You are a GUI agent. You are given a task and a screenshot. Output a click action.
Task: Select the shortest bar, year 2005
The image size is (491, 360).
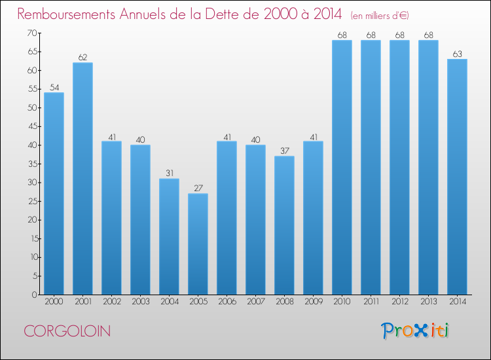[198, 243]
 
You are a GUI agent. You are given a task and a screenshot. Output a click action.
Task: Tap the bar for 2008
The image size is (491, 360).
[284, 225]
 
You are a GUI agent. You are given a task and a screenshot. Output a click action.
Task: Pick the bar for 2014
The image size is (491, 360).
[457, 177]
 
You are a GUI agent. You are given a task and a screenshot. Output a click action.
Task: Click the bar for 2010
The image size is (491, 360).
[342, 168]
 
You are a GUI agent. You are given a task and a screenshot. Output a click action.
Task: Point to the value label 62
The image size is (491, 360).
[82, 58]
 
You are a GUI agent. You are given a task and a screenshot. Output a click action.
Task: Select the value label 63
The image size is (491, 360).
[457, 54]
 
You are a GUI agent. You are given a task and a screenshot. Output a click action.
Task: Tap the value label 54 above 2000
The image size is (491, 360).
[54, 88]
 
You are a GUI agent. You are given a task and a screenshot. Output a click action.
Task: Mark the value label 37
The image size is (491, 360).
[284, 151]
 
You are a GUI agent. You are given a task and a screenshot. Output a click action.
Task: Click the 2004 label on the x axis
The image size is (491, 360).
[169, 302]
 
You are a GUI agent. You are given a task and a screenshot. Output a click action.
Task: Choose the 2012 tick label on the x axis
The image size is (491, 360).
[399, 302]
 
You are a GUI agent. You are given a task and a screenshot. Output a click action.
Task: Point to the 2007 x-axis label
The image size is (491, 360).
[255, 302]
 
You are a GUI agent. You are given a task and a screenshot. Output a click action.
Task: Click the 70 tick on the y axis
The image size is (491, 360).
[31, 33]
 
